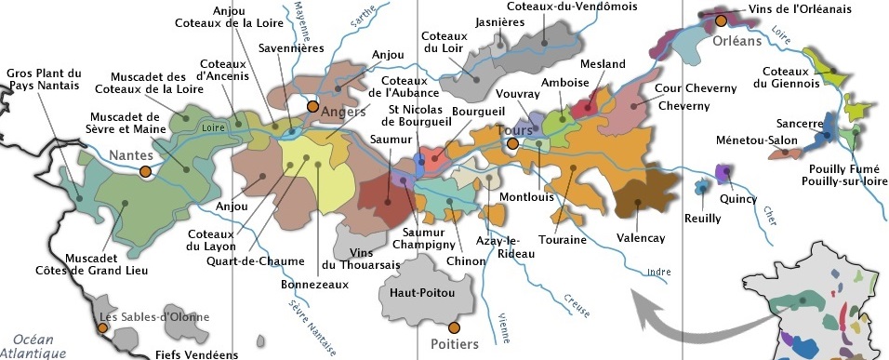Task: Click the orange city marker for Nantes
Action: coord(145,171)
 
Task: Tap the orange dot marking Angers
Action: coord(313,106)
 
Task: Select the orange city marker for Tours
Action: coord(511,144)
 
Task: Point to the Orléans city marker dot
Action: coord(720,20)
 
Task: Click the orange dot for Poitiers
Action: coord(454,327)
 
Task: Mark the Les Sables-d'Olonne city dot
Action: coord(103,327)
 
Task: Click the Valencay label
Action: coord(641,238)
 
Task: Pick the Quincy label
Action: coord(738,198)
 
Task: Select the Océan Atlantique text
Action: coord(33,346)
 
